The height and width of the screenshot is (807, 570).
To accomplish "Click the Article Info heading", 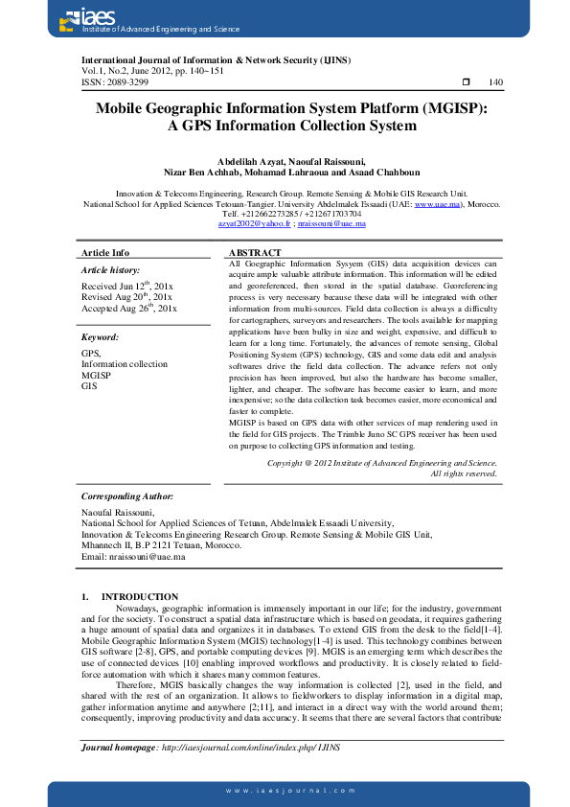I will (105, 253).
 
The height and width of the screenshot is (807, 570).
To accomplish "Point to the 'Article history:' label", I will (111, 271).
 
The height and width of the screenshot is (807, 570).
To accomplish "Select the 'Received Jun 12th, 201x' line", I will (126, 286).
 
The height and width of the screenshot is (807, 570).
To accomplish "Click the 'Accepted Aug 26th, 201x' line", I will (128, 309).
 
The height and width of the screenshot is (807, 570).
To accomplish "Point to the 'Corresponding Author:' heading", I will (126, 496).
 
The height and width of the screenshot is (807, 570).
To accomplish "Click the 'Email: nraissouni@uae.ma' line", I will (132, 556).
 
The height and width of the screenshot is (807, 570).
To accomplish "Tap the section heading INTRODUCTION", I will (139, 596).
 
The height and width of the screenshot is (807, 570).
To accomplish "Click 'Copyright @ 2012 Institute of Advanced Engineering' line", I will (381, 463).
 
